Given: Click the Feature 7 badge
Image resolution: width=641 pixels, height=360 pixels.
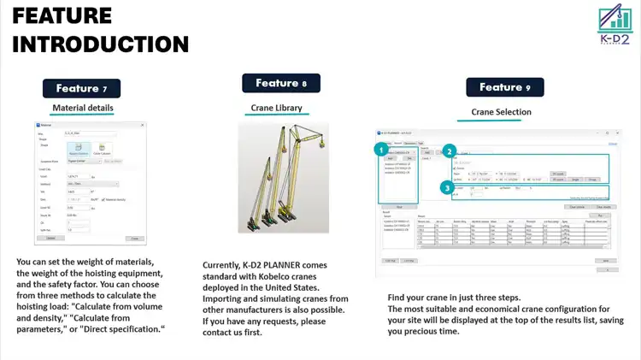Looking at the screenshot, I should coord(82,88).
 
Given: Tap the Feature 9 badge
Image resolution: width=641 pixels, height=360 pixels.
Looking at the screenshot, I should coord(505,87).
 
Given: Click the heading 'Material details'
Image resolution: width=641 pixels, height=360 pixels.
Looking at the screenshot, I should coord(83,109).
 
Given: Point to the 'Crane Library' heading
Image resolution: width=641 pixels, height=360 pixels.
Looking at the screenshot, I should coord(276,109).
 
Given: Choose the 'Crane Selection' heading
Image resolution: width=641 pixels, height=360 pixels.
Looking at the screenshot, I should coord(501,112).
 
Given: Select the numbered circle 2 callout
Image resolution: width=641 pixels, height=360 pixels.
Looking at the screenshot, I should coord(450,151).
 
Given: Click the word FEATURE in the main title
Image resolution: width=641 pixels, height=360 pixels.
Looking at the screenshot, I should coord(62,15).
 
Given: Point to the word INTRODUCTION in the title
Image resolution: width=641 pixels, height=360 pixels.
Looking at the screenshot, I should coord(101,44).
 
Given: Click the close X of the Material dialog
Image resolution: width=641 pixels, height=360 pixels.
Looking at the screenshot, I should coord(142,126).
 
